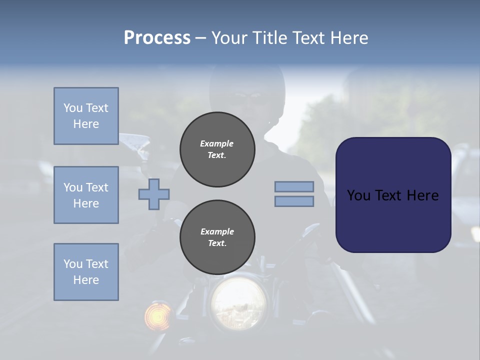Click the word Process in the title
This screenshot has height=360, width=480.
pyautogui.click(x=157, y=38)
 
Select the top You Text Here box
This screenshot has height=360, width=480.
pyautogui.click(x=86, y=116)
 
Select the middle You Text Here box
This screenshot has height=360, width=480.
pyautogui.click(x=86, y=195)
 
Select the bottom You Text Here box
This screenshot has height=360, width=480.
pyautogui.click(x=86, y=272)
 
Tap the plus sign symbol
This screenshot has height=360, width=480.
pyautogui.click(x=154, y=194)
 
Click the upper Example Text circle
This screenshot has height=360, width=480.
pyautogui.click(x=217, y=149)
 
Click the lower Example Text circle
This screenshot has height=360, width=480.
pyautogui.click(x=217, y=237)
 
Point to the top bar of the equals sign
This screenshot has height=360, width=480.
pyautogui.click(x=294, y=186)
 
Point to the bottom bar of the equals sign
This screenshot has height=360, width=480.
pyautogui.click(x=294, y=201)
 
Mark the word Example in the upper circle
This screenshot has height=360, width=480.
pyautogui.click(x=217, y=143)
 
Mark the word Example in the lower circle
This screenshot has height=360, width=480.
pyautogui.click(x=217, y=231)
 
